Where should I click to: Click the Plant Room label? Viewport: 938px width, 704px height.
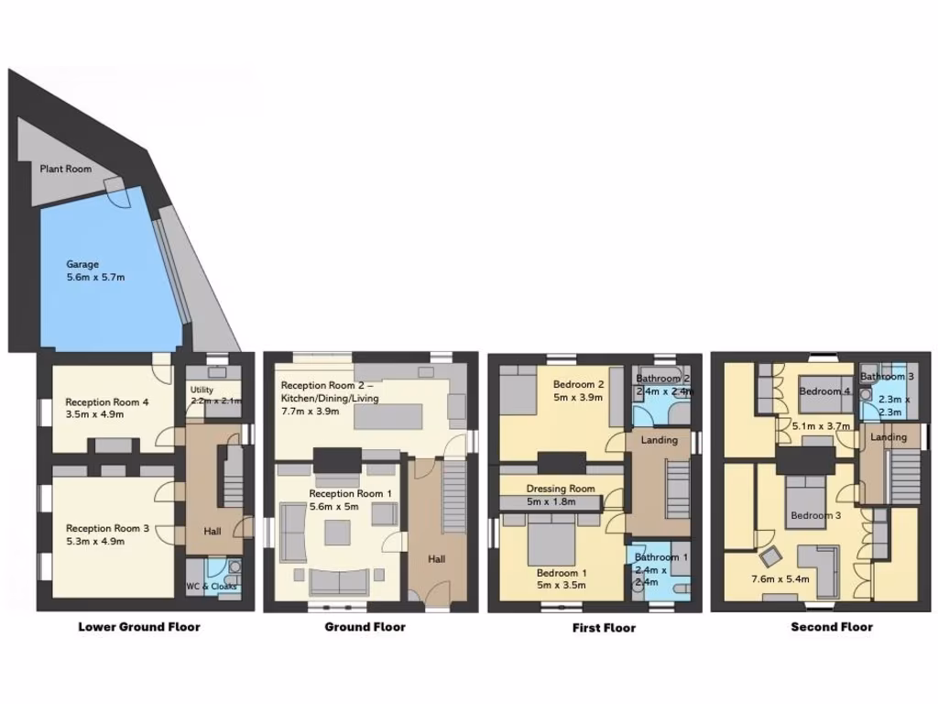[65, 169]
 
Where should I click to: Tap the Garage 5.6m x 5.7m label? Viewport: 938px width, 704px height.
[95, 270]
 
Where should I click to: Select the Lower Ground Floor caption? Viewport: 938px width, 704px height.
[139, 627]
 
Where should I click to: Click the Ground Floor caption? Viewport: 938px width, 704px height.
[365, 627]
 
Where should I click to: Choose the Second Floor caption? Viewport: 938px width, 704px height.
[832, 627]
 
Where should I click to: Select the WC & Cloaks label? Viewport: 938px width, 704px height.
[212, 587]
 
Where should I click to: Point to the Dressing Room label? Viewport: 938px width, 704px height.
[561, 489]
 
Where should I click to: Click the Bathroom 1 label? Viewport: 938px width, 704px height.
[657, 557]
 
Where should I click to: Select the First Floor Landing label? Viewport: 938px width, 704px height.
[660, 440]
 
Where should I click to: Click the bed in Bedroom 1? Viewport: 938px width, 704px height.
[550, 541]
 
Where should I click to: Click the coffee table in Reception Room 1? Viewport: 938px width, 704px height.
[336, 531]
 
